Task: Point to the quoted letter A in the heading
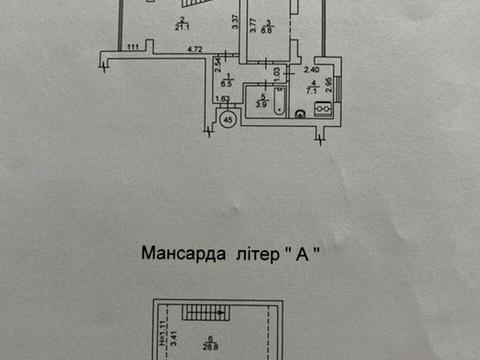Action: (x=301, y=254)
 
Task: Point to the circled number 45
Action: (x=227, y=120)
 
